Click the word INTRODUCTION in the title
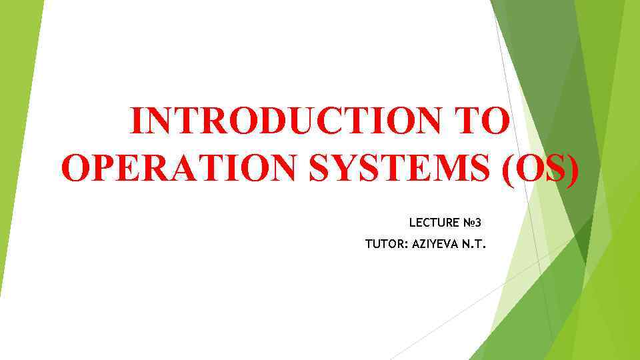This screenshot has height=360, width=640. tap(293, 121)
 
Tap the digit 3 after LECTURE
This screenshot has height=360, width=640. tap(496, 222)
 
